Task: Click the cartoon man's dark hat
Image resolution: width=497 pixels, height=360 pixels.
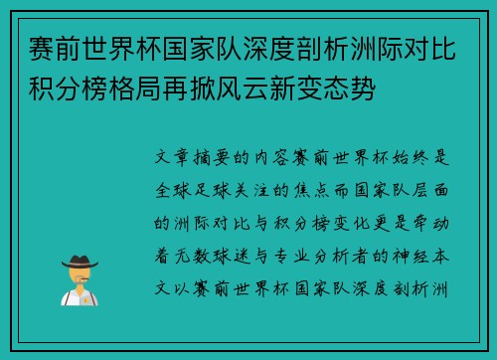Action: (x=79, y=261)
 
